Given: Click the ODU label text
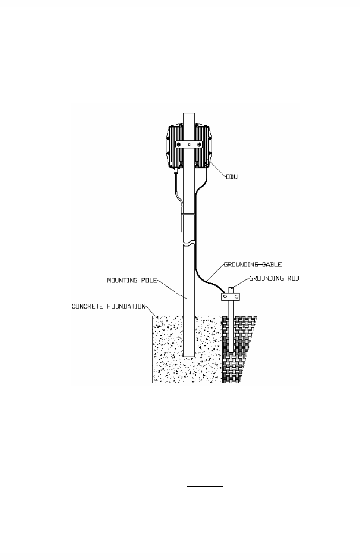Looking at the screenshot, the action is click(232, 177).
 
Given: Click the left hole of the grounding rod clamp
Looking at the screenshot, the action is click(225, 297).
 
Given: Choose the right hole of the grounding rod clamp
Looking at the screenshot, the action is click(236, 297).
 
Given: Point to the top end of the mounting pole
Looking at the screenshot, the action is click(189, 113).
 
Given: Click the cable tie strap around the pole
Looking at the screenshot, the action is click(189, 214).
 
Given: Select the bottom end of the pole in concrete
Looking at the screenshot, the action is click(189, 356).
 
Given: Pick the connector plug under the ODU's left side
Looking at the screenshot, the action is click(175, 172).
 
